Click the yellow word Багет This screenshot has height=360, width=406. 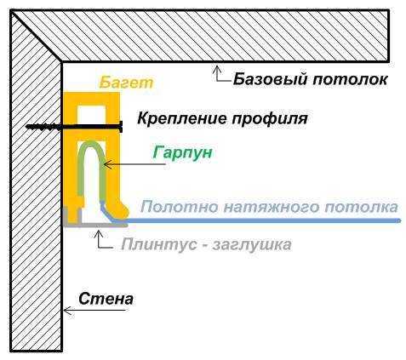[126, 83]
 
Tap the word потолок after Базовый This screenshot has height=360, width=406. [350, 79]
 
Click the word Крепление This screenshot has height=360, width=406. [182, 118]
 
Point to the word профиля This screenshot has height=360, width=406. [270, 119]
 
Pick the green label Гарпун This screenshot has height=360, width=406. [182, 153]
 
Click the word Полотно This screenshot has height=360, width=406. [180, 207]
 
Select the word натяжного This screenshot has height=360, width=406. [271, 208]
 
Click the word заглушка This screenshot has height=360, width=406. [252, 245]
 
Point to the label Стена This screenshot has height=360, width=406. [106, 299]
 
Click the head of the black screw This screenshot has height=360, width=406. [121, 127]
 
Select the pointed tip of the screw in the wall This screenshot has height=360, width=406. [27, 127]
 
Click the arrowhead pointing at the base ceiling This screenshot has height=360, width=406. [217, 69]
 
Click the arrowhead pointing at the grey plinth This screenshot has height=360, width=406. [98, 233]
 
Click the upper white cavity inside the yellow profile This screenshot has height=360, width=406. [92, 115]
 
